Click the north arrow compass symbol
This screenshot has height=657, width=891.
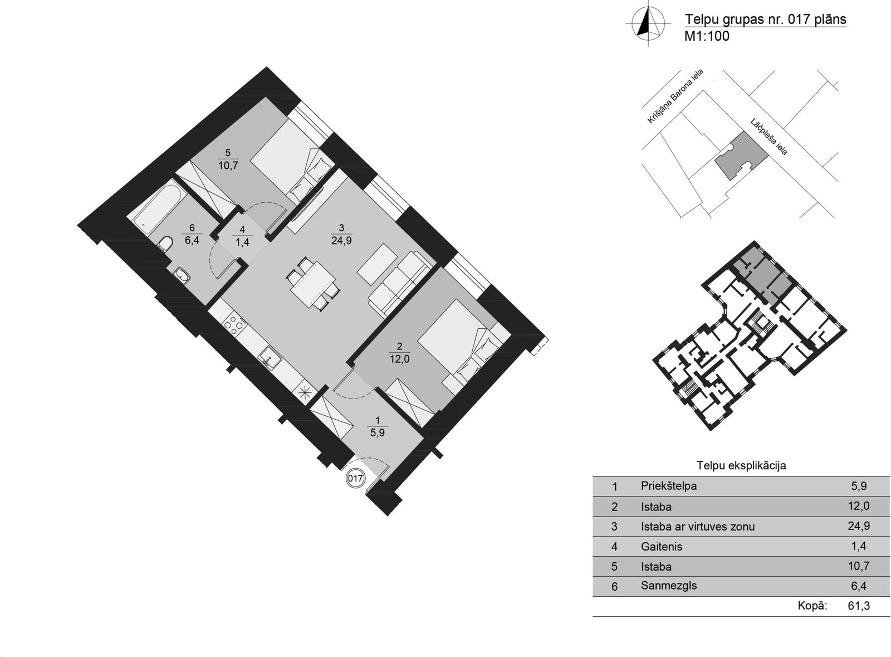pos(648,23)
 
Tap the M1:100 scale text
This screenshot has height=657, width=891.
pos(707,36)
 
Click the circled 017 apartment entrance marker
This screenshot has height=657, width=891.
pos(355,478)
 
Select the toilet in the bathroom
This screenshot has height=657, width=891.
pos(165,244)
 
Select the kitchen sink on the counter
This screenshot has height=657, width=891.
pos(270,358)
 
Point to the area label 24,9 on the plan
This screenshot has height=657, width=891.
pos(341,241)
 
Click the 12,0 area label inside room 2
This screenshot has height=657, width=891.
pos(399,359)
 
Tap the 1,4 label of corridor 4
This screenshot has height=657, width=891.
pos(242,242)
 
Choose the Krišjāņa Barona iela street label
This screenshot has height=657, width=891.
pos(675,96)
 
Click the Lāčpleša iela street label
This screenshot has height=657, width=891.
pos(769,137)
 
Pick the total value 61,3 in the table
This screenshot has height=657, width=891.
pos(859,606)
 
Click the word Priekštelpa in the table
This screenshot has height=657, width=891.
pos(669,486)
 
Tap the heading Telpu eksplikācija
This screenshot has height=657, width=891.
pos(741,466)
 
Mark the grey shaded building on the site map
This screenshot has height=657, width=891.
pos(741,157)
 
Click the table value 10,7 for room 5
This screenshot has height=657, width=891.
pos(859,566)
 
